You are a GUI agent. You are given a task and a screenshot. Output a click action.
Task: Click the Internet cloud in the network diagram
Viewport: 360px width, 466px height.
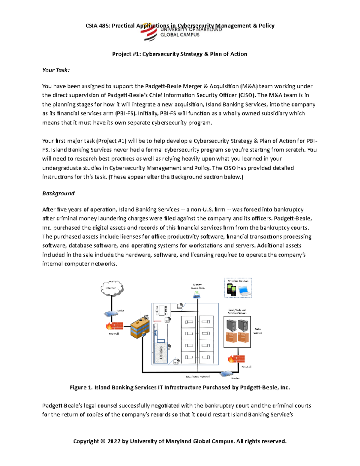coord(112,288)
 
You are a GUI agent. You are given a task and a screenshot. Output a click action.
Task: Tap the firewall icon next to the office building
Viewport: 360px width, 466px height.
coord(114,326)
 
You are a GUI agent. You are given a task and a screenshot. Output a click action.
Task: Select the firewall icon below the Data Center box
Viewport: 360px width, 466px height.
coord(237,359)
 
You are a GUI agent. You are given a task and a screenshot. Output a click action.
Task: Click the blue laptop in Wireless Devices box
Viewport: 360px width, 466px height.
coord(244,290)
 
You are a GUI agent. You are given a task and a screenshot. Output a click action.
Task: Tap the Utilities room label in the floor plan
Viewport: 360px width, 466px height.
coord(161,352)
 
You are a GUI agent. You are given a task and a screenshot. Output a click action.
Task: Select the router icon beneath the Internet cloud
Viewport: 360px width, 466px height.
coord(111,314)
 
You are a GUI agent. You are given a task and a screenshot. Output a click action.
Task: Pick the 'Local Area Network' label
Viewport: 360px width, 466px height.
coord(198,377)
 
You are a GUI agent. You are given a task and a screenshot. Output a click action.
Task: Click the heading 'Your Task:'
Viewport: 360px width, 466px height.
coord(56,70)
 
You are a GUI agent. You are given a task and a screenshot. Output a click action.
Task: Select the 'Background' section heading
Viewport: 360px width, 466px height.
coord(58,194)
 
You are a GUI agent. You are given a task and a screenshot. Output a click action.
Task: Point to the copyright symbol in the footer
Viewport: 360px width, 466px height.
coord(103,441)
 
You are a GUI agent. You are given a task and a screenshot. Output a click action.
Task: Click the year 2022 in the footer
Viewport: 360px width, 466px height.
coord(114,441)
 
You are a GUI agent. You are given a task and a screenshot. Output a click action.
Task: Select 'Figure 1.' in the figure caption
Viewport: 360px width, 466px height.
coord(81,388)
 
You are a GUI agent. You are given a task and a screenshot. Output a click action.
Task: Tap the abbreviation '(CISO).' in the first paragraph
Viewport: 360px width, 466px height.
coord(248,95)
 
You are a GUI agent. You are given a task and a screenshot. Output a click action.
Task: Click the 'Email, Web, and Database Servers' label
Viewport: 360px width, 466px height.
coord(237,311)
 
